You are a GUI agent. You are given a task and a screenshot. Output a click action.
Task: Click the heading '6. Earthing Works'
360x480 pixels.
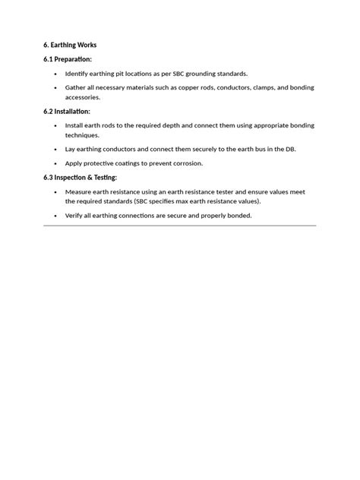tap(70, 45)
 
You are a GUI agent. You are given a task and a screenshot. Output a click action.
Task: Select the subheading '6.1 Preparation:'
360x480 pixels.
tap(68, 59)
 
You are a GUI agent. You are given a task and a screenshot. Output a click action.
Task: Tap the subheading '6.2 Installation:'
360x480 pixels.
tap(67, 111)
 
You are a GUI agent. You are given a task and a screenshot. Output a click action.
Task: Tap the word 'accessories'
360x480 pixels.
tap(84, 97)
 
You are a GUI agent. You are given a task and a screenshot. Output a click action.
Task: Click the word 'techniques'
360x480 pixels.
tap(82, 134)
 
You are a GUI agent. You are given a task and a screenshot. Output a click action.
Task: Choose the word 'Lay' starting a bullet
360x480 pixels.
tap(71, 149)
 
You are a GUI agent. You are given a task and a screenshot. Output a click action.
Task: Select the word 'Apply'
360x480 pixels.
tap(74, 163)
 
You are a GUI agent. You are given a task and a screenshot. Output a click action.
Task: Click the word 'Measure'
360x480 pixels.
tap(78, 191)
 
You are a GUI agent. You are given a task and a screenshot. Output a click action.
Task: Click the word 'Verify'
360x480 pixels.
tap(75, 216)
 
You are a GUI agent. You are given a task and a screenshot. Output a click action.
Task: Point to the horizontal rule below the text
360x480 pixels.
tap(180, 226)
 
